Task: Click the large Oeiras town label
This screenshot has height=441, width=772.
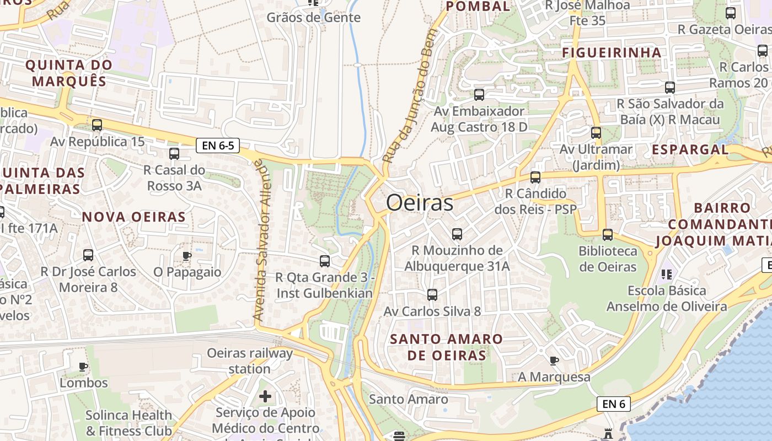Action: (x=420, y=203)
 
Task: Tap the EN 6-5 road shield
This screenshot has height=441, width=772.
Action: (x=218, y=146)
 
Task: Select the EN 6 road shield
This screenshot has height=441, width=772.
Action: (x=613, y=404)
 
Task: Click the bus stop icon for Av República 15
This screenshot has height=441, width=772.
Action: (x=97, y=125)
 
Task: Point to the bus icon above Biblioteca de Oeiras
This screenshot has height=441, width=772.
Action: (x=608, y=235)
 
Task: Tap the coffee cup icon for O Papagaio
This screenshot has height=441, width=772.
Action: (x=187, y=256)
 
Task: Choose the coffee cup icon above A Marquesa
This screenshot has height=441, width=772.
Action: (x=554, y=361)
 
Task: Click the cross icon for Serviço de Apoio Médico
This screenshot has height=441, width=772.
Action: (x=265, y=396)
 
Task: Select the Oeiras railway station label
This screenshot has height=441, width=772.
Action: (x=250, y=361)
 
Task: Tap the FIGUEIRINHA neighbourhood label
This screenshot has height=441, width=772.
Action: (x=612, y=52)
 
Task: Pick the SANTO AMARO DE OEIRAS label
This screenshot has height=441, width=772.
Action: (x=447, y=347)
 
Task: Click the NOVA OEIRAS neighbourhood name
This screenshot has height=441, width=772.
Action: (x=134, y=217)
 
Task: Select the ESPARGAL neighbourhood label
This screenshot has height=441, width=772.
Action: (x=690, y=149)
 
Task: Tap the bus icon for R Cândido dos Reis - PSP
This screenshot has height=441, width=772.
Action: (x=535, y=178)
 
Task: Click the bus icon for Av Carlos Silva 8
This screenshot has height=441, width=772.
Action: (x=432, y=295)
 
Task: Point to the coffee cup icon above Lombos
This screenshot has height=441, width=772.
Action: (x=83, y=367)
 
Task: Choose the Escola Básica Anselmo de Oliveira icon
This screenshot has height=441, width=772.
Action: (x=666, y=274)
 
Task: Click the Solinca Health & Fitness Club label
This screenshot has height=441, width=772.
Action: (x=128, y=423)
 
